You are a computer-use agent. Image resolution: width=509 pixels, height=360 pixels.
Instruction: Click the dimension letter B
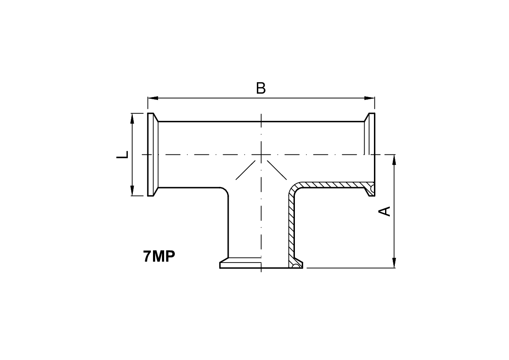click(261, 89)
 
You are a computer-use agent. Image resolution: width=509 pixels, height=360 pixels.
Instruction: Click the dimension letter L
click(122, 155)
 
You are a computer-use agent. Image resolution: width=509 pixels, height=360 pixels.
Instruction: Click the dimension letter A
click(385, 211)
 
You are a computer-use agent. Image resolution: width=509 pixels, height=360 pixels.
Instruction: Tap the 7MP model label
click(159, 257)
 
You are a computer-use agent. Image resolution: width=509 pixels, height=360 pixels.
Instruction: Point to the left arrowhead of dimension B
click(153, 98)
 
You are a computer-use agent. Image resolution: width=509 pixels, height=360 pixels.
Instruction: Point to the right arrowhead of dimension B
click(369, 98)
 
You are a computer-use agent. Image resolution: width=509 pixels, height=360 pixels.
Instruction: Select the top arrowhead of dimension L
click(132, 118)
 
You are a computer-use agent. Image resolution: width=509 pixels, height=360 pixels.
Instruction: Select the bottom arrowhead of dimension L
click(132, 191)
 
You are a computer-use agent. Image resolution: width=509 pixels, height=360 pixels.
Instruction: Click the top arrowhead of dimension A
click(394, 160)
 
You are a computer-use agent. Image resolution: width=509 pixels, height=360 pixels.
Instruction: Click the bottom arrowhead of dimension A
click(394, 263)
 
